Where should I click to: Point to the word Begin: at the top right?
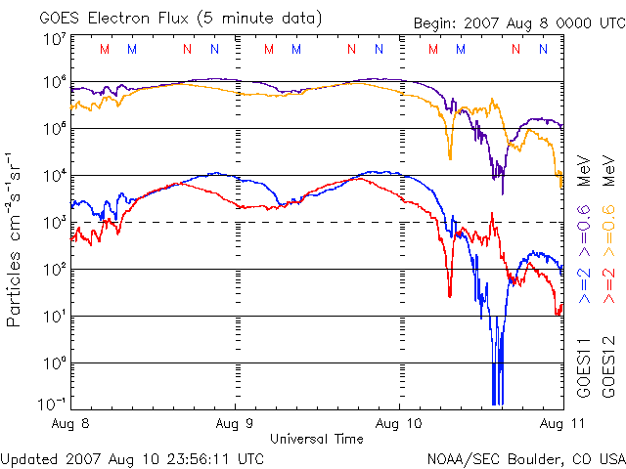pos(435,22)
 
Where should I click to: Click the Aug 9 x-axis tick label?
pos(235,423)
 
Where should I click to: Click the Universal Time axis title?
pos(317,439)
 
